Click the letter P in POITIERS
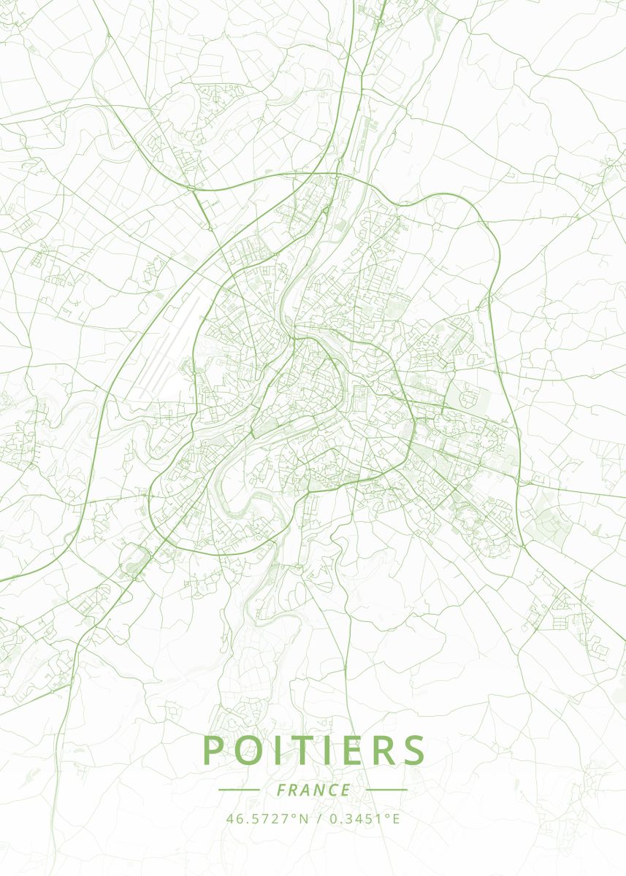point(213,750)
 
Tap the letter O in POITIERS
point(250,750)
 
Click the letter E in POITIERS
point(358,750)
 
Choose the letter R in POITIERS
point(388,750)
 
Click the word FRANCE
point(313,790)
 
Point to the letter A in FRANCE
point(308,790)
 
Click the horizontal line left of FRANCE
point(239,790)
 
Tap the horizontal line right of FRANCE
point(386,790)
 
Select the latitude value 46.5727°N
point(267,818)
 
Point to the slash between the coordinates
point(318,818)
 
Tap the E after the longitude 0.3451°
point(397,818)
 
